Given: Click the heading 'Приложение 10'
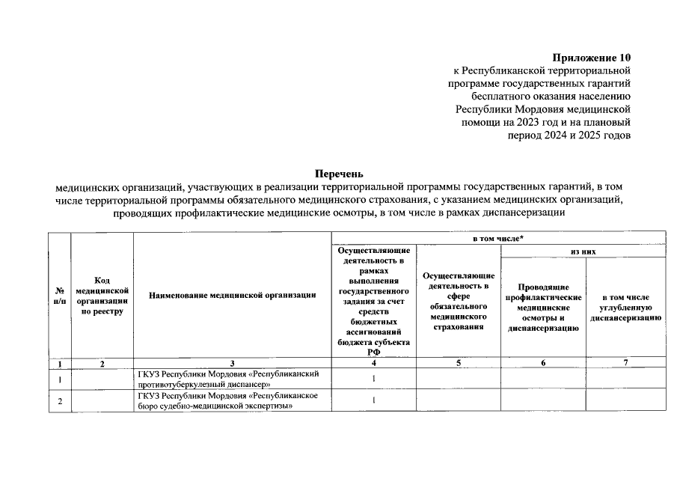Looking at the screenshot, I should [x=592, y=58].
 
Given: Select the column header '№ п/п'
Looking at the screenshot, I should [x=59, y=296].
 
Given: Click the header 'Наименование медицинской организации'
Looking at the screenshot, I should [x=233, y=296].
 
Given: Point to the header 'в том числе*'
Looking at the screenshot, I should [x=497, y=237].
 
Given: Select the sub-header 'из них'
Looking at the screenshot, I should [x=583, y=251].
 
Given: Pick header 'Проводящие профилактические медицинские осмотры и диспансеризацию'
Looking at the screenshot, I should [x=542, y=307].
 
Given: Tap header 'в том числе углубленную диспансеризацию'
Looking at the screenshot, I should [x=625, y=307].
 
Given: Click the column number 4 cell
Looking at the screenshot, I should [x=373, y=363].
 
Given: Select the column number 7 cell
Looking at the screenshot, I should [x=625, y=363].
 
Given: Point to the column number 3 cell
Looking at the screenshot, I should [x=233, y=363].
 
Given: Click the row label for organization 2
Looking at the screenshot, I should [x=59, y=401].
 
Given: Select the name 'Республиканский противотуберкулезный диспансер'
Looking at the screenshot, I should [x=230, y=379].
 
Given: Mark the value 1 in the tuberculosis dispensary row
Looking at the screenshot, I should [x=373, y=379].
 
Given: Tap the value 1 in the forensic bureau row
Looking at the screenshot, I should [x=373, y=400].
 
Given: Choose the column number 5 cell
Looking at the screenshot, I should [x=458, y=363].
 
